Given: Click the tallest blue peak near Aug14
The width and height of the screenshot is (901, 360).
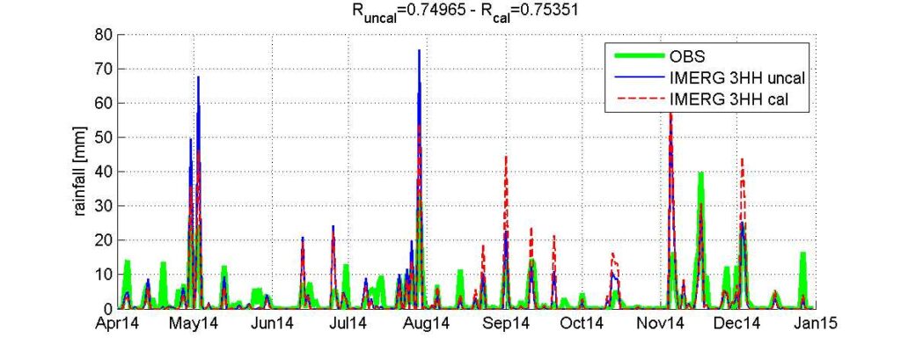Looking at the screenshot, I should [419, 51].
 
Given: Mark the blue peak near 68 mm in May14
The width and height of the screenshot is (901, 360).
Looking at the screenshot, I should [199, 77].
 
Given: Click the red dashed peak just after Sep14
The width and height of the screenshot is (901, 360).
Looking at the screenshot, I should [506, 158].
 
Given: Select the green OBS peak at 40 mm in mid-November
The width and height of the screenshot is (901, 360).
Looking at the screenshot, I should [700, 173].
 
